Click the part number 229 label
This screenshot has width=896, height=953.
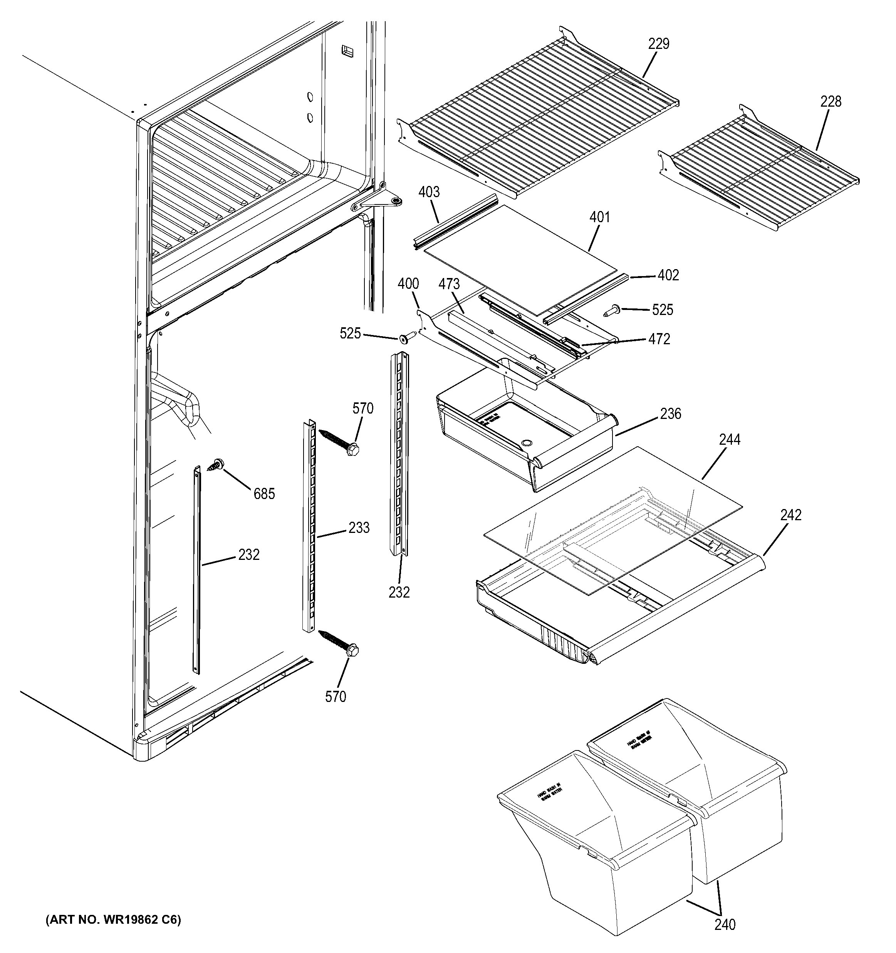pos(659,44)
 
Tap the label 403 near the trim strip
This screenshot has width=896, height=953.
pos(429,192)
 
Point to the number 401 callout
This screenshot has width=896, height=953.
pos(599,217)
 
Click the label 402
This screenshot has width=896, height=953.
pos(668,275)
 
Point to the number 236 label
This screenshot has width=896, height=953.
pos(670,414)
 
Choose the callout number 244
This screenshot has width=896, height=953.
pos(730,440)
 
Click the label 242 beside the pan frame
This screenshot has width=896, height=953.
pos(790,515)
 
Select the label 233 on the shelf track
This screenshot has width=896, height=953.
pos(359,528)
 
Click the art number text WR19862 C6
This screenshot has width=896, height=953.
pos(113,920)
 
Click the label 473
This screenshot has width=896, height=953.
pos(449,284)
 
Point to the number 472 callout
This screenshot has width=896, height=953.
pos(659,339)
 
